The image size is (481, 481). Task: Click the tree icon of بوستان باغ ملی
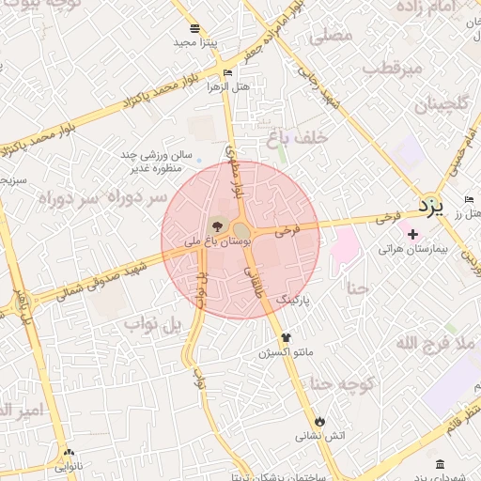pos(217,225)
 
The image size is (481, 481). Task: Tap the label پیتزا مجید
pos(195,43)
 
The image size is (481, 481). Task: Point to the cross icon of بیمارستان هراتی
pos(412,232)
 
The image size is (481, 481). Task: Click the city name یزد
pos(429,205)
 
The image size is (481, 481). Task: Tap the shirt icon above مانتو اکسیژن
pos(286,337)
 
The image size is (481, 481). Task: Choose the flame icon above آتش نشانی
pos(320,421)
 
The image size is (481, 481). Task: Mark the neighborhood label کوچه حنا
pos(344,384)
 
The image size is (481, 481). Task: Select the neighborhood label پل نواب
pos(151,325)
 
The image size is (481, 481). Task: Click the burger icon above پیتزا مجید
pos(194,28)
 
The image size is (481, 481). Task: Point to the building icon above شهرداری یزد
pos(441,464)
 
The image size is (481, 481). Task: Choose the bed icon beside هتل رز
pos(469,200)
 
